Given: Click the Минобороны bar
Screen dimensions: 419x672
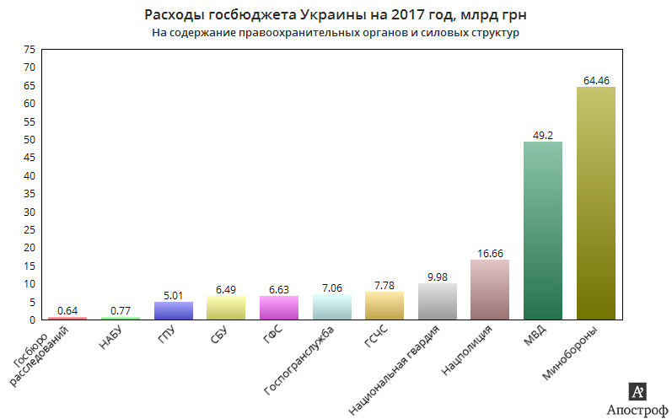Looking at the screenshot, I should (x=595, y=203).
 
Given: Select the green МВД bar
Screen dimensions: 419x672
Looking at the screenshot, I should (x=543, y=230).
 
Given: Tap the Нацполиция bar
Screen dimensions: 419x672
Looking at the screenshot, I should (x=490, y=289).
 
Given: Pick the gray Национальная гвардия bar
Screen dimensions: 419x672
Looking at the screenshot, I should (x=437, y=301).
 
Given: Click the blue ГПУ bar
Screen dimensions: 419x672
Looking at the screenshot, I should (x=174, y=310).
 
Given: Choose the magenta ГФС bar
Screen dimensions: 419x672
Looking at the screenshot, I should (x=279, y=308).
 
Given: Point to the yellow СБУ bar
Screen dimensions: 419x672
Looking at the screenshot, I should (x=226, y=308).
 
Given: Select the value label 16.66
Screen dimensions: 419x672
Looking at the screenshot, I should (x=490, y=254).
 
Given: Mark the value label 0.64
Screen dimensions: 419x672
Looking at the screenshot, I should (x=68, y=311).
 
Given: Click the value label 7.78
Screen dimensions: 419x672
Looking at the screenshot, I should (x=384, y=286).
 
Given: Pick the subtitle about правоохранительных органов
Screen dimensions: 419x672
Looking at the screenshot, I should (x=335, y=34).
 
